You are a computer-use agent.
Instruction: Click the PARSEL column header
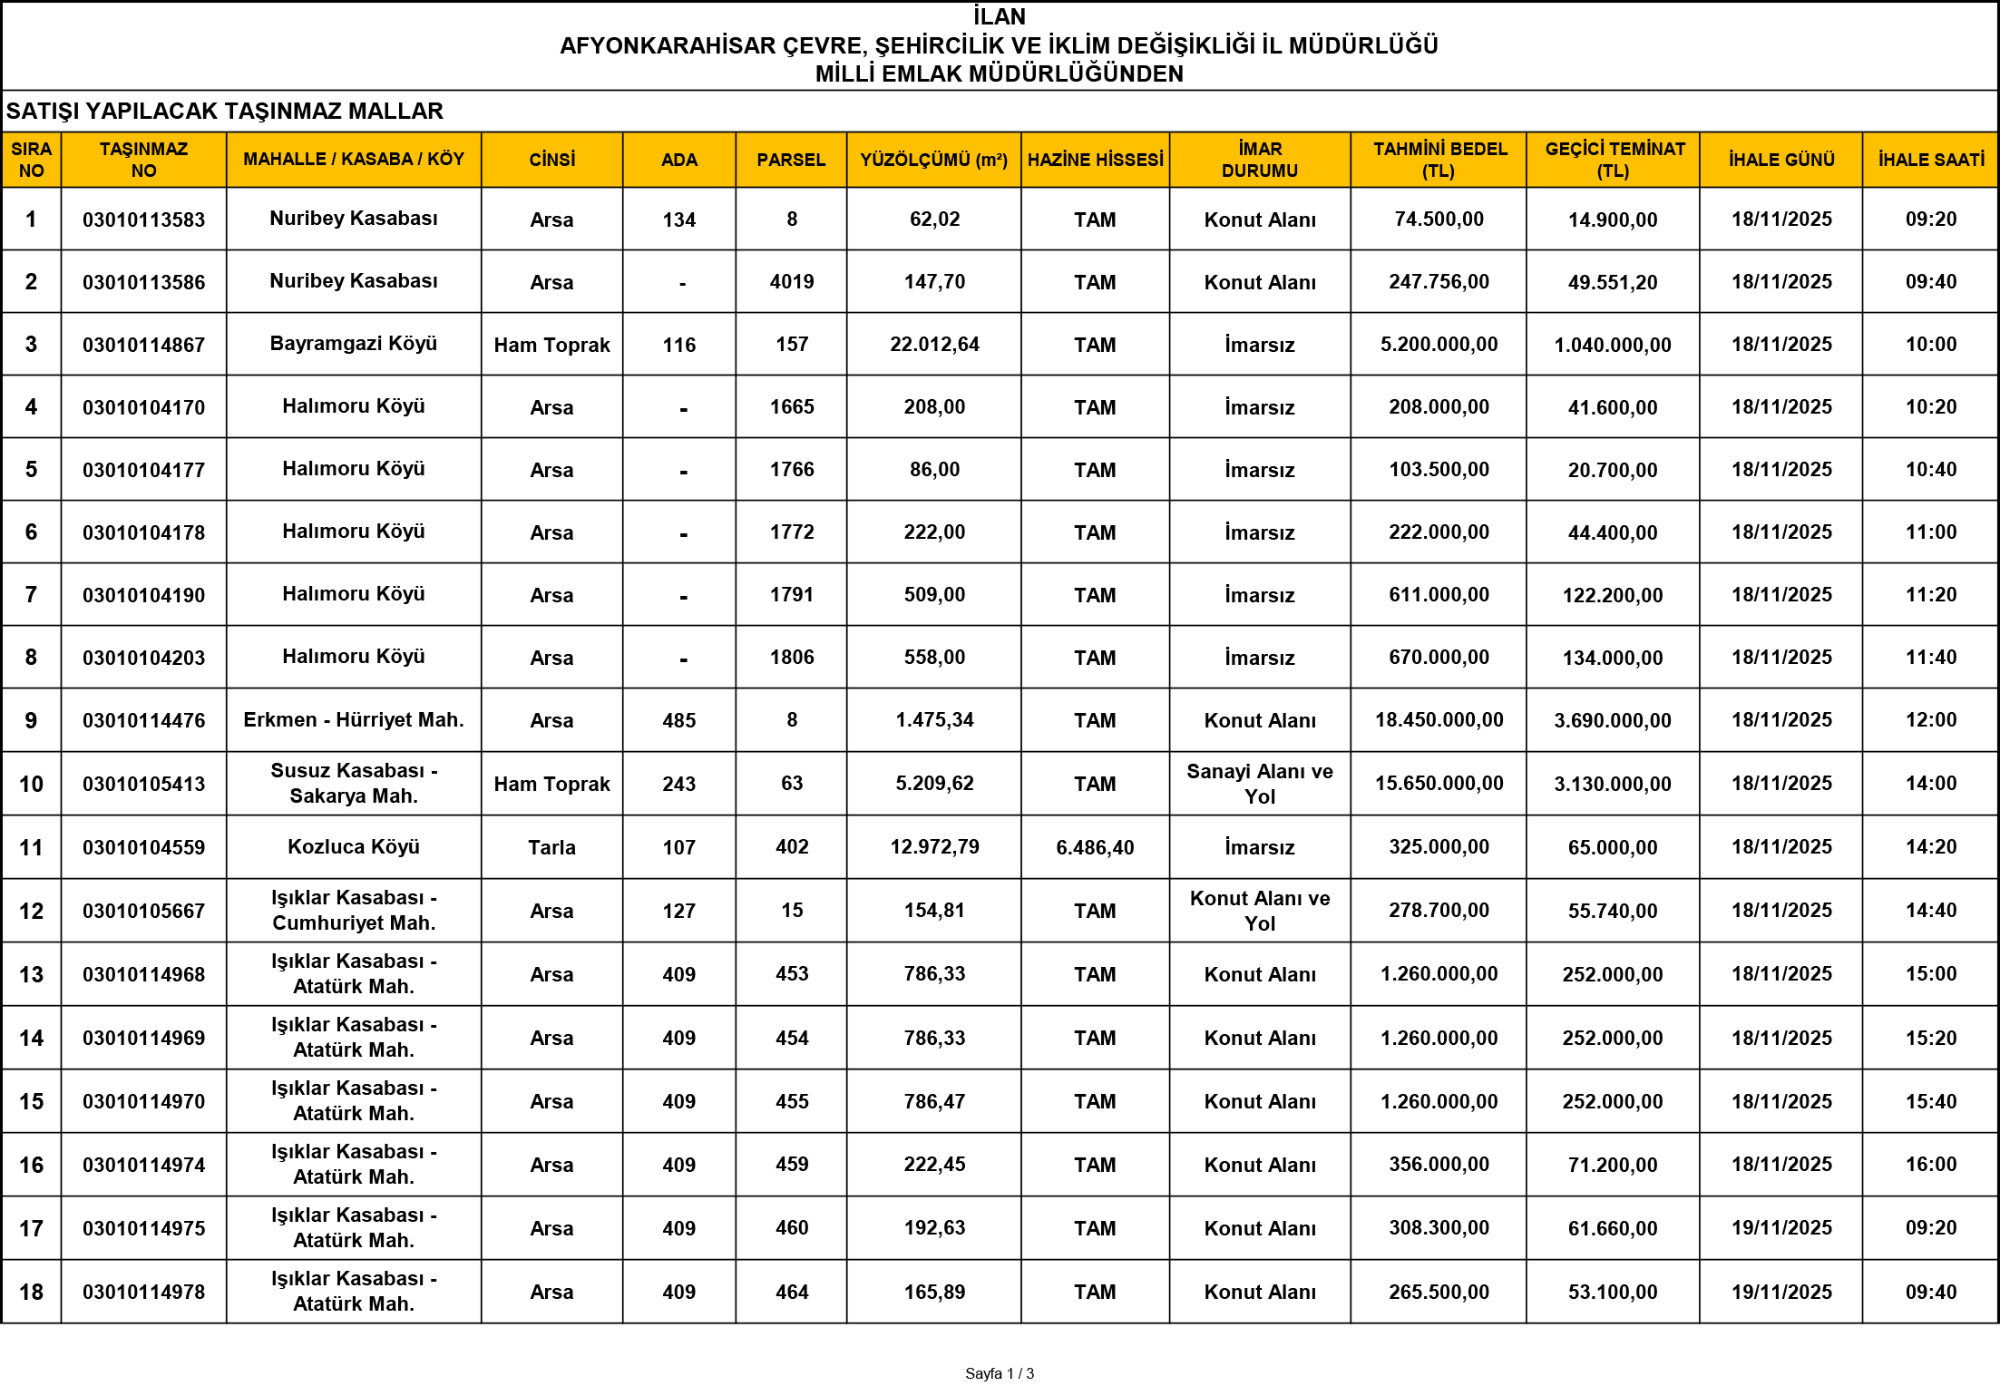(x=791, y=160)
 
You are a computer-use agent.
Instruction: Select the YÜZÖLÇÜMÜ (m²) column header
(x=933, y=160)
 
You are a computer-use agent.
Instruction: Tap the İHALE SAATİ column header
(x=1930, y=160)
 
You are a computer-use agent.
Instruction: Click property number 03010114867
(x=143, y=345)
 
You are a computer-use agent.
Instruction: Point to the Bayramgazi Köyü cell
(x=353, y=344)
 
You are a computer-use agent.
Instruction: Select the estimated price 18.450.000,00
(x=1439, y=720)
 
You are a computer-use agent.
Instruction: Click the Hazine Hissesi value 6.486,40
(x=1095, y=847)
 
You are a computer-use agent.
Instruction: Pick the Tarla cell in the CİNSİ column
(x=551, y=847)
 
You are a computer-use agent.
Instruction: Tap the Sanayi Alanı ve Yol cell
(x=1259, y=784)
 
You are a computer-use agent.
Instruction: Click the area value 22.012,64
(x=934, y=345)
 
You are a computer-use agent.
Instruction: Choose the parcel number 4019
(x=791, y=282)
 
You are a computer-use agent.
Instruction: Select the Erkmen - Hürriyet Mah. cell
(x=353, y=720)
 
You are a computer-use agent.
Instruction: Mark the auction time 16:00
(x=1930, y=1165)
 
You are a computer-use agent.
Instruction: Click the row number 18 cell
(x=31, y=1292)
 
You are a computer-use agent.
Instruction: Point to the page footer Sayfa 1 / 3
(x=1000, y=1373)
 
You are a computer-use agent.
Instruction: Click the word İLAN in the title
(x=1000, y=16)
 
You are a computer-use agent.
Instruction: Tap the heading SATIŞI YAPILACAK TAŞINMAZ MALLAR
(x=224, y=111)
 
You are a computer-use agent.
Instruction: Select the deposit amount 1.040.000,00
(x=1612, y=345)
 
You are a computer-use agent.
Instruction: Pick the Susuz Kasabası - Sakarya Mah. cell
(x=353, y=784)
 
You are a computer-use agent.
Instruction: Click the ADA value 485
(x=678, y=720)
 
